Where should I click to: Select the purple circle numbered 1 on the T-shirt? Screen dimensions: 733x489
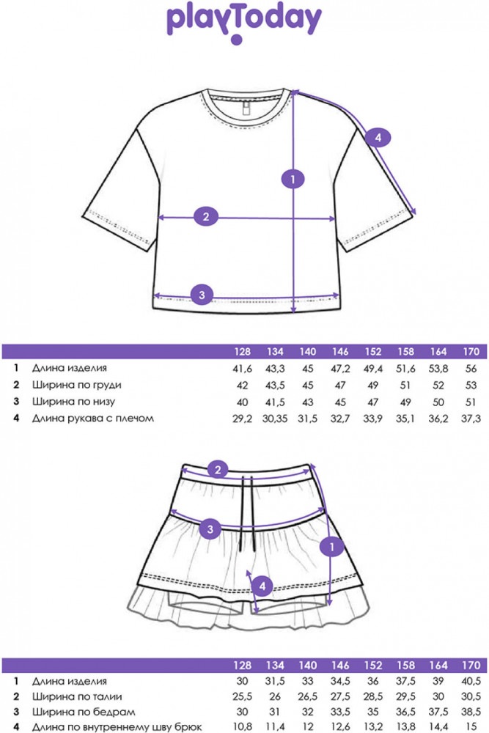click(x=293, y=178)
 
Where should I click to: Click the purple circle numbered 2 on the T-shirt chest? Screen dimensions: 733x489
click(x=206, y=216)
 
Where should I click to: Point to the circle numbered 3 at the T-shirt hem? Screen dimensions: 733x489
click(x=202, y=295)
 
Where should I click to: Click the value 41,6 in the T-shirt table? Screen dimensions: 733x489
click(x=241, y=369)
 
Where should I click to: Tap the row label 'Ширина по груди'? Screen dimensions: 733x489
click(x=76, y=386)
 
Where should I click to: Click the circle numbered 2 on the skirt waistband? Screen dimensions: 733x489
click(x=217, y=471)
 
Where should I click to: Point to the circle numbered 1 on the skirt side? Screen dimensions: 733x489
click(x=332, y=547)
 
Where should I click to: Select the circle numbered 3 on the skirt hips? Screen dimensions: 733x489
click(x=210, y=528)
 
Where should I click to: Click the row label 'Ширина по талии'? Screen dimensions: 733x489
click(x=77, y=697)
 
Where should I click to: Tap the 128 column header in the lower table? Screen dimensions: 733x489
click(x=241, y=665)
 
